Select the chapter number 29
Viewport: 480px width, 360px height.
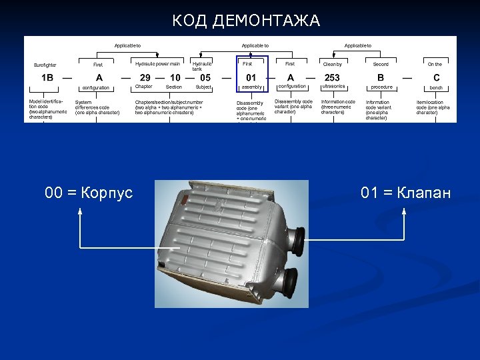point(145,77)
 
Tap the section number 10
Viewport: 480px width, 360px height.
point(175,77)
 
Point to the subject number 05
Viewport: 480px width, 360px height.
point(205,77)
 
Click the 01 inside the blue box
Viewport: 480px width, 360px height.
point(251,77)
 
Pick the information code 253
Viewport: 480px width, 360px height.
point(332,77)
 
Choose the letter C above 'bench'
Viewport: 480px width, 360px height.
point(436,77)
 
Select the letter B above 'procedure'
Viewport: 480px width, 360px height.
point(381,77)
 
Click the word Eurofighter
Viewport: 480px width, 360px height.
point(45,65)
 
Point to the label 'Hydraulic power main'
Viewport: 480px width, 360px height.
point(157,63)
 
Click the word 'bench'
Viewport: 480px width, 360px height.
point(436,87)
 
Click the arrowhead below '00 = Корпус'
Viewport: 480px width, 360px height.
point(80,211)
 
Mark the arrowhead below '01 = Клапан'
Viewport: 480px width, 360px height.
point(405,211)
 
